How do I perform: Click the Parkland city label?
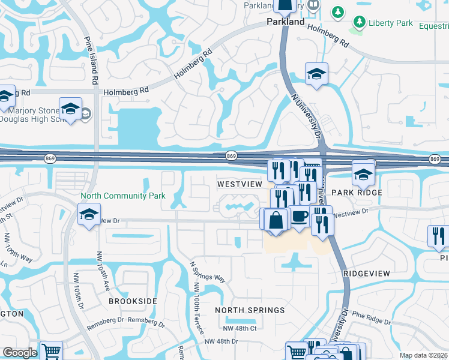[285, 22]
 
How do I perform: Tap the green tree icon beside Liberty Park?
[360, 23]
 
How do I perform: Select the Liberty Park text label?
[390, 23]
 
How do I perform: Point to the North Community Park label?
[123, 196]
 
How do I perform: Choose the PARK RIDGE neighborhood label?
[357, 193]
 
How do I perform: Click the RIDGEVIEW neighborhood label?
[367, 273]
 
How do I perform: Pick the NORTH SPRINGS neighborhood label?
[250, 310]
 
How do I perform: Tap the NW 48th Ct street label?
[240, 328]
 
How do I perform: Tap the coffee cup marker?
[299, 216]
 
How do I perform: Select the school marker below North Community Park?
[89, 214]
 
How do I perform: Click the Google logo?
[20, 353]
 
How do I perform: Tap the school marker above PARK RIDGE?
[363, 175]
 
